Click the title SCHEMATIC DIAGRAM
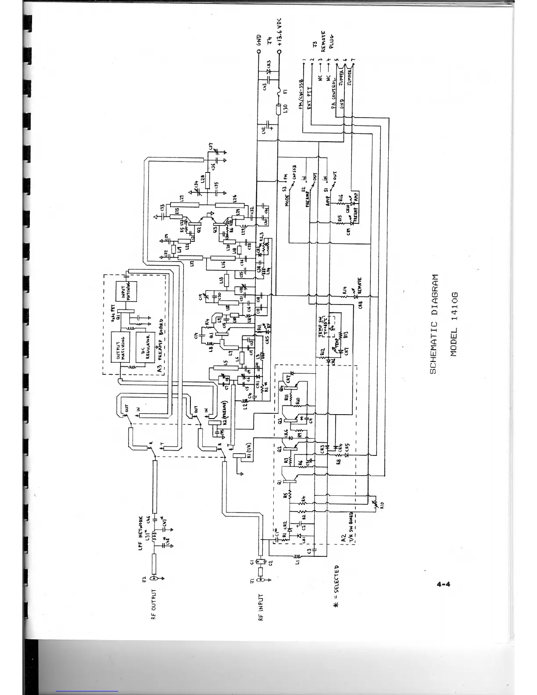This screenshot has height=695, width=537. point(433,324)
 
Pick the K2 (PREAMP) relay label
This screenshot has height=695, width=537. point(223,411)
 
